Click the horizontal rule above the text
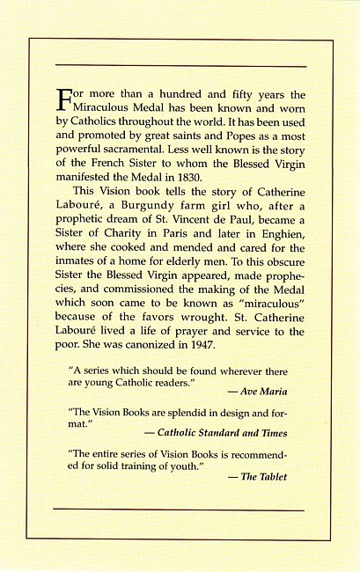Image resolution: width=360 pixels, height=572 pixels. (180, 66)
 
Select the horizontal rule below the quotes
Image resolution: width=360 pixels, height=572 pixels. (180, 509)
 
